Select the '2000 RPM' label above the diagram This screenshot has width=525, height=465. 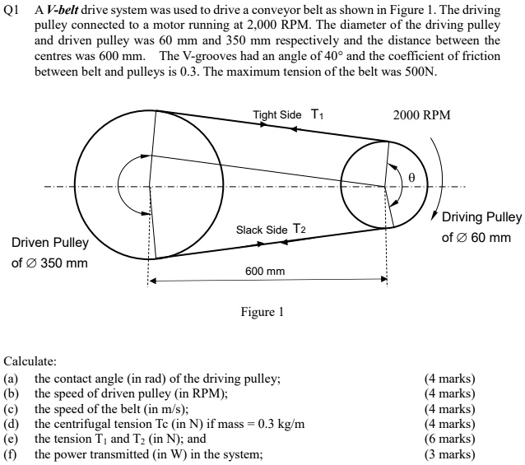[421, 115]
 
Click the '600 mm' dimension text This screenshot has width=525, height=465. [265, 271]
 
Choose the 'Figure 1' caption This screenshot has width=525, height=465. [262, 313]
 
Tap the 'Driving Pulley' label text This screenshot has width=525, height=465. [481, 217]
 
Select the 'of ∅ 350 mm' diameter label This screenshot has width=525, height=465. [49, 263]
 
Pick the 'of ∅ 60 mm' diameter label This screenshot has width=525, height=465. [476, 238]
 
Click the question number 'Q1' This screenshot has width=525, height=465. [12, 10]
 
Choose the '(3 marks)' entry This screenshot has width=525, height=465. [449, 453]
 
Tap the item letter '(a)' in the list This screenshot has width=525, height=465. [12, 379]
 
